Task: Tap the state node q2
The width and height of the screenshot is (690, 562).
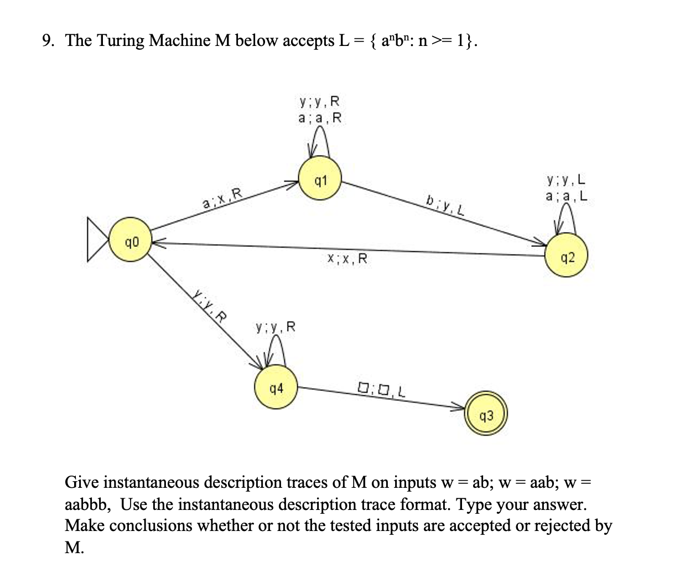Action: pos(567,257)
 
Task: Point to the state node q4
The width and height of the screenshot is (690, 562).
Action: pos(276,388)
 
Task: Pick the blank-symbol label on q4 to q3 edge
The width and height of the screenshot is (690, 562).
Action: pos(381,388)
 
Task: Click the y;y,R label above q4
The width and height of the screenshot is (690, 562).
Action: pos(275,327)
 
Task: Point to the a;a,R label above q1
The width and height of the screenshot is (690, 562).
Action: pos(320,118)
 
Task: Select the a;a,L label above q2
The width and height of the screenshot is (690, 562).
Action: pos(567,196)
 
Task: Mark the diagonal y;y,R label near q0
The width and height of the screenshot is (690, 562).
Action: pos(210,305)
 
